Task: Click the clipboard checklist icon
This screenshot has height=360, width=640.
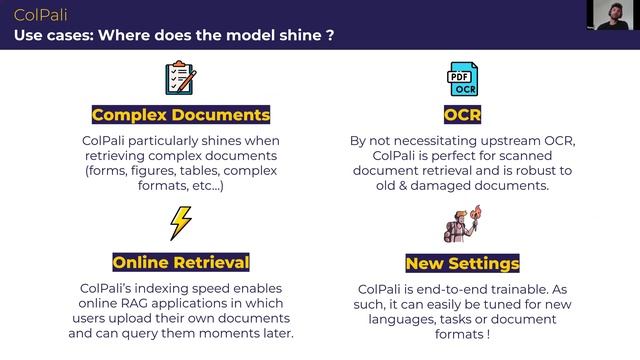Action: (x=180, y=79)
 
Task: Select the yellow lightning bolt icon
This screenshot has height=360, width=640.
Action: (x=180, y=222)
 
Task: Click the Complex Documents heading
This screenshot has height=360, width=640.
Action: (x=181, y=114)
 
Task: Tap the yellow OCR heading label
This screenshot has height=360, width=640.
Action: (x=462, y=114)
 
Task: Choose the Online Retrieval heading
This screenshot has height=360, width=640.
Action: (x=181, y=263)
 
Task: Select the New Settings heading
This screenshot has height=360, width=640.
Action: (x=462, y=264)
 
